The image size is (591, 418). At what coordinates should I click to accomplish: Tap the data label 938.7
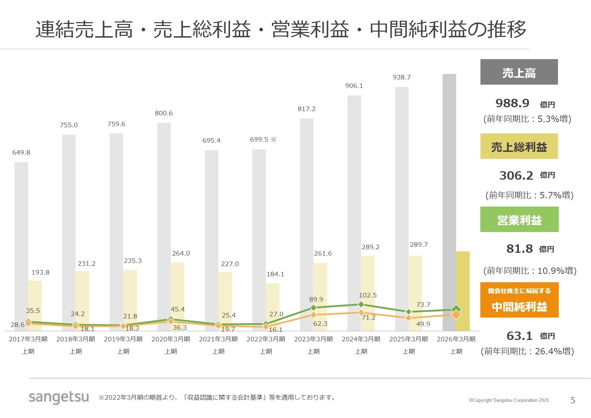(x=401, y=77)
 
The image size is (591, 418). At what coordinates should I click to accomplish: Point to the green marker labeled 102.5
(x=361, y=304)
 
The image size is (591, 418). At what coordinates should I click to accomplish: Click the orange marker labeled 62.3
(x=313, y=315)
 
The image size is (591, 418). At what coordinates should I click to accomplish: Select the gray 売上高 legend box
(x=519, y=72)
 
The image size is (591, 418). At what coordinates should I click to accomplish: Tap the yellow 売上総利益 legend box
(x=519, y=146)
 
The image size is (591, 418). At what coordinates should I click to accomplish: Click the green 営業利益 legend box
(x=519, y=219)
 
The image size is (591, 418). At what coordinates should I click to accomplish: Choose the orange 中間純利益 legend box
(x=519, y=300)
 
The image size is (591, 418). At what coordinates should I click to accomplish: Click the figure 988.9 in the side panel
(x=512, y=103)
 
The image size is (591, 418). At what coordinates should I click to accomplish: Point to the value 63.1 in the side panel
(x=519, y=336)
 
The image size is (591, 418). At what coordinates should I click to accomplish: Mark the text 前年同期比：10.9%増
(x=530, y=271)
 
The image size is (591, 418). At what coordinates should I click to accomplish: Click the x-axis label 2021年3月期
(x=218, y=339)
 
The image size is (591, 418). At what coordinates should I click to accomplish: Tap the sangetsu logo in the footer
(x=59, y=398)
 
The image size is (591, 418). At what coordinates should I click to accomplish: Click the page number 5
(x=573, y=400)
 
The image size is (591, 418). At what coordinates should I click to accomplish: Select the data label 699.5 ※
(x=263, y=140)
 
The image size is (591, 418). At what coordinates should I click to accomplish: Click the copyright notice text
(x=509, y=400)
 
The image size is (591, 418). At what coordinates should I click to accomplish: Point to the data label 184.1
(x=275, y=274)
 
